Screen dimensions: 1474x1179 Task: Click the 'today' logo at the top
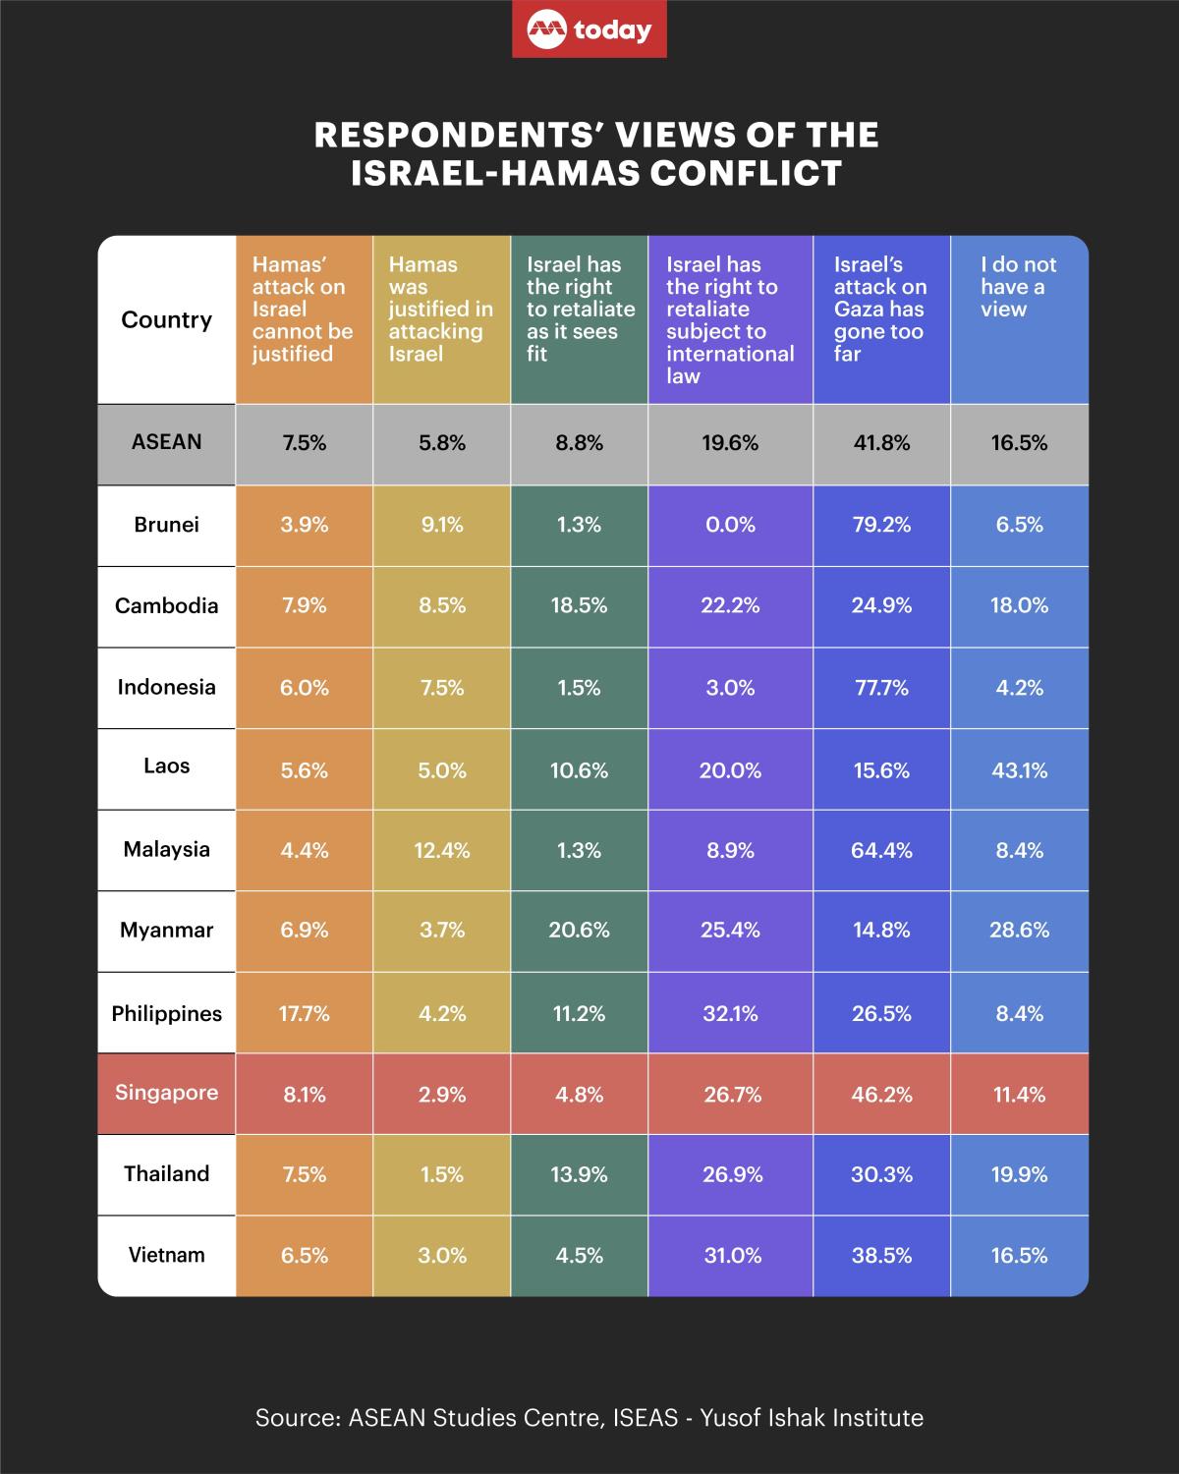tap(589, 30)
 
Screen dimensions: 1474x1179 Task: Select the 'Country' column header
tap(166, 320)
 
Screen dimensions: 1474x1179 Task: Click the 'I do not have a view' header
tap(1018, 287)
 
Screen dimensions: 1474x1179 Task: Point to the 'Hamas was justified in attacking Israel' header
tap(440, 309)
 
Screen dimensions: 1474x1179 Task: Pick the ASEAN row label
tap(166, 442)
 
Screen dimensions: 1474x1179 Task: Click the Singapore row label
tap(166, 1093)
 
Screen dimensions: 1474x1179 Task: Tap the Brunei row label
tap(166, 525)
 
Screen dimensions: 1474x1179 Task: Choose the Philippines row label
tap(166, 1013)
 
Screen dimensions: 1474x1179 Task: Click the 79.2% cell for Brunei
tap(881, 525)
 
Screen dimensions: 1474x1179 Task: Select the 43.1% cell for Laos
tap(1020, 770)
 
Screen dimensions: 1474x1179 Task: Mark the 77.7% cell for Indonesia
tap(881, 688)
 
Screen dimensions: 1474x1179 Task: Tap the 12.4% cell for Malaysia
tap(442, 850)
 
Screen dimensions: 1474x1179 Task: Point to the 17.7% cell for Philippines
tap(305, 1013)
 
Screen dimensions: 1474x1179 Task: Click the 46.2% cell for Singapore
tap(881, 1094)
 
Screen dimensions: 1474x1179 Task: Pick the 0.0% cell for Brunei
tap(730, 525)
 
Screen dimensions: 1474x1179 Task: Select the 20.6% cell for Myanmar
tap(579, 930)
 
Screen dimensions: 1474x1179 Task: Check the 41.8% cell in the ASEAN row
tap(881, 443)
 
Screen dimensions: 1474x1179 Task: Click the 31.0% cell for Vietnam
tap(730, 1255)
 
